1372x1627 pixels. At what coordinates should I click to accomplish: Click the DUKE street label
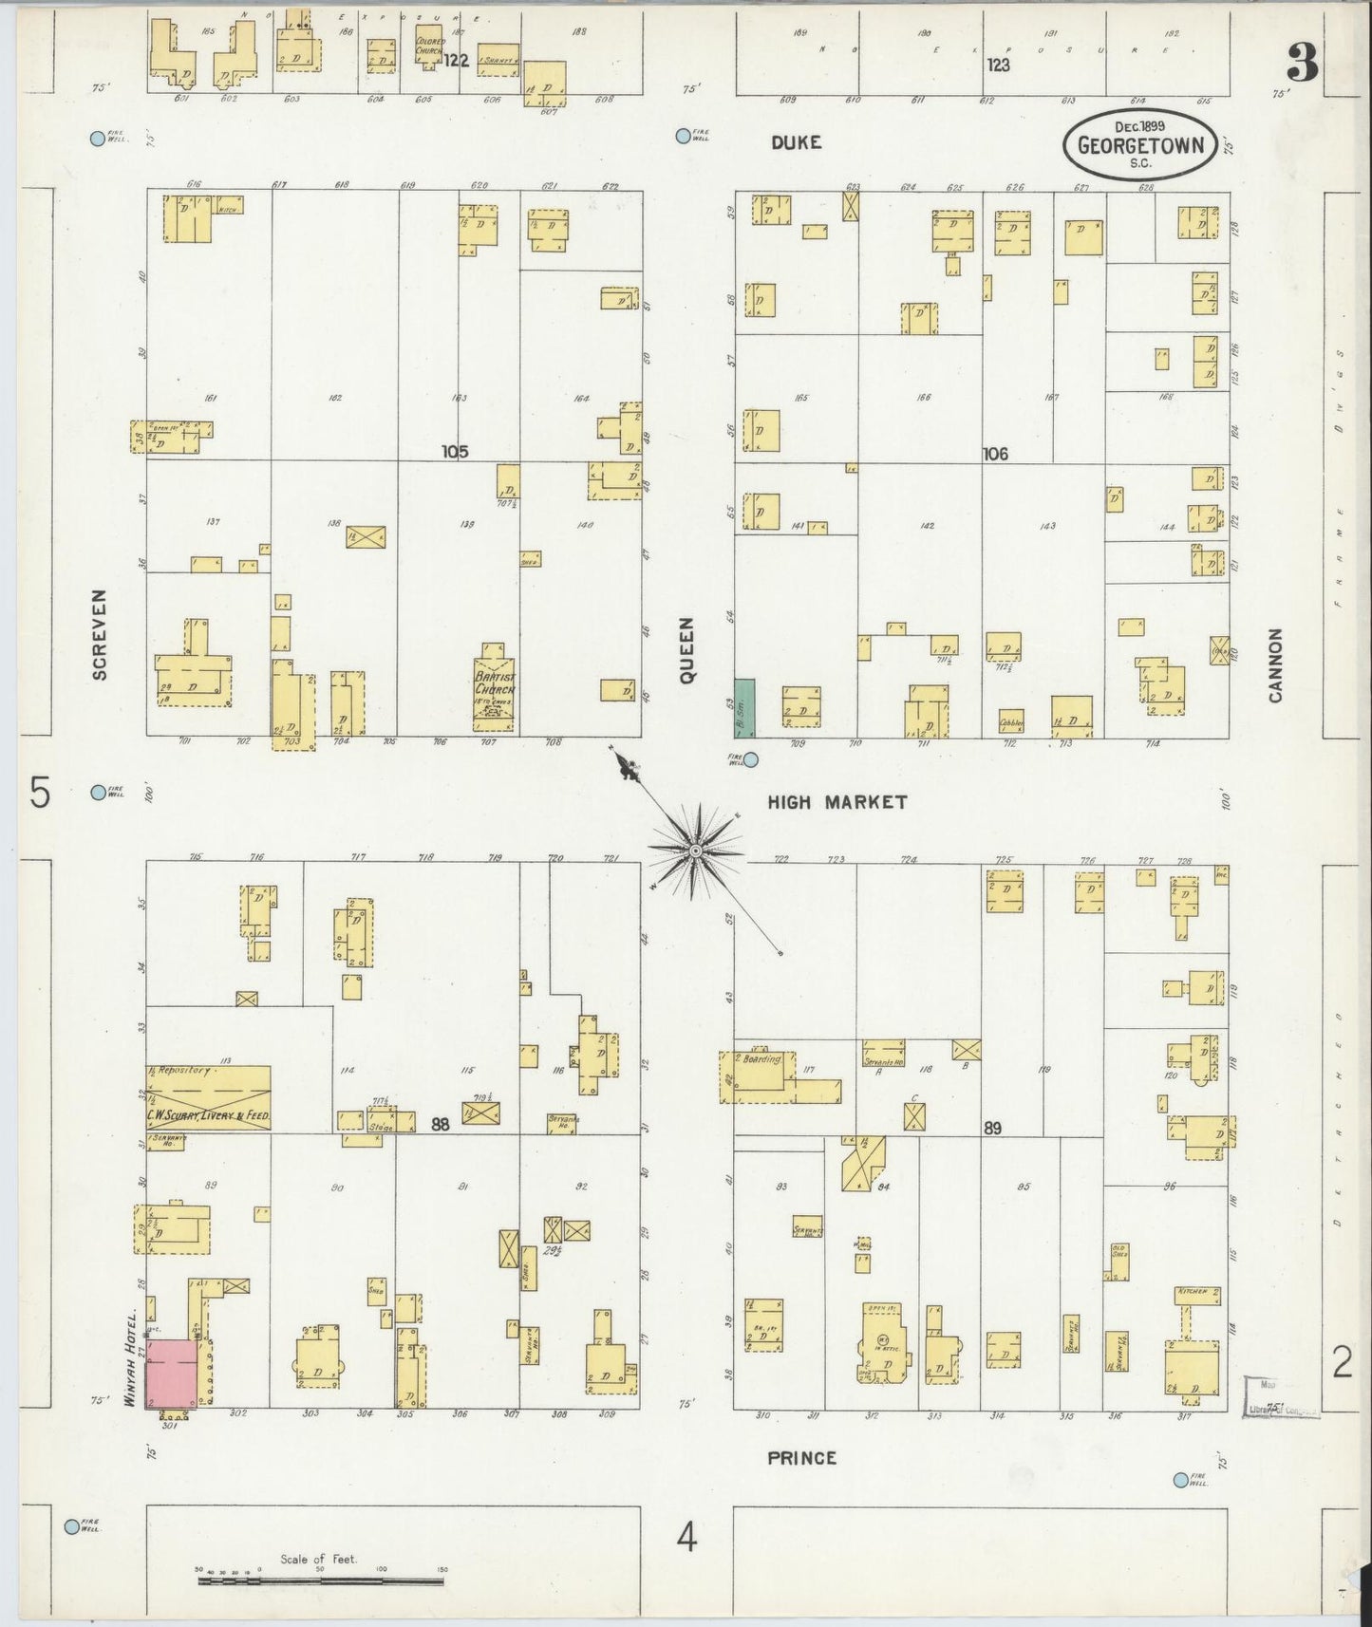[x=796, y=142]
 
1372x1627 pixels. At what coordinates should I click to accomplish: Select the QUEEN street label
[x=686, y=649]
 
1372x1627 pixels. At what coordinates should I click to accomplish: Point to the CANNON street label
[x=1274, y=664]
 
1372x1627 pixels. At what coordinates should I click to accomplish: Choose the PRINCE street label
[x=802, y=1458]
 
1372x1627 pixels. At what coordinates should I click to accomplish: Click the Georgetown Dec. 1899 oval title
[x=1139, y=144]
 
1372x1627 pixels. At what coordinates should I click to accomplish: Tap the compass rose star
[x=695, y=851]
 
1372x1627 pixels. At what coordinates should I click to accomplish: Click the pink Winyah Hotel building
[x=172, y=1374]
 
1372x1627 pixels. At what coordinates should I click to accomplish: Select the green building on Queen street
[x=744, y=708]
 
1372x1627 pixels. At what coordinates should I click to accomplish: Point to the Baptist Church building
[x=495, y=688]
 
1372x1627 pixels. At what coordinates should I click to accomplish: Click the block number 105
[x=455, y=452]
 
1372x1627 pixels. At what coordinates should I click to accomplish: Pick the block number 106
[x=994, y=454]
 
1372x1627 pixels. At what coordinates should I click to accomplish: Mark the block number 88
[x=440, y=1124]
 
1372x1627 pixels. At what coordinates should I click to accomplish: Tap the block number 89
[x=992, y=1129]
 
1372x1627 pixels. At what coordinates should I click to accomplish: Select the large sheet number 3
[x=1302, y=65]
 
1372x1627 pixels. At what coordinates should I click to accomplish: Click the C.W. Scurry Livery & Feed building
[x=208, y=1098]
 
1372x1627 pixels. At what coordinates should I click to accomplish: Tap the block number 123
[x=997, y=65]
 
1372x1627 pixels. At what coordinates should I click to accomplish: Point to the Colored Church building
[x=429, y=47]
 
